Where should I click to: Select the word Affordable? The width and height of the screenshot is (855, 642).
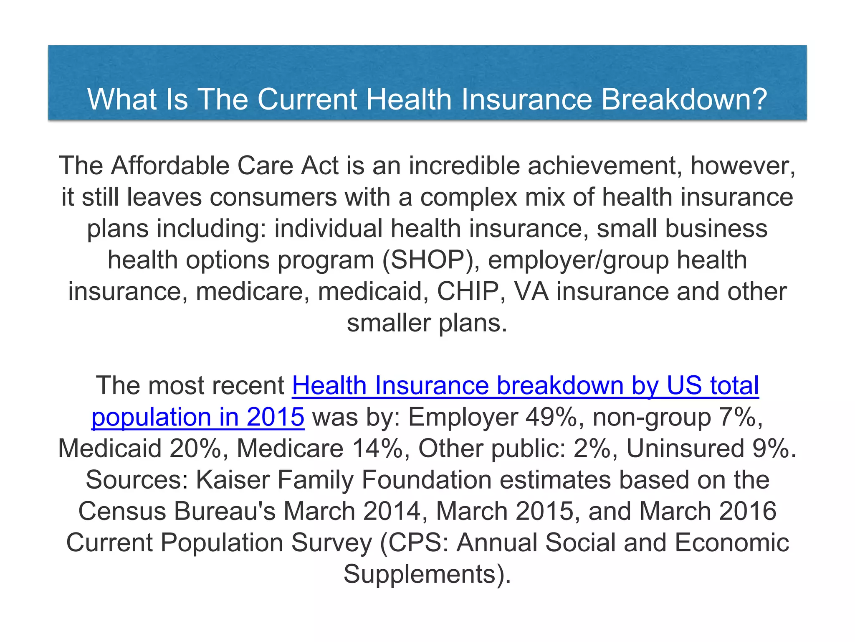point(170,166)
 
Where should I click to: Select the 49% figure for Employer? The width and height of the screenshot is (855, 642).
point(551,417)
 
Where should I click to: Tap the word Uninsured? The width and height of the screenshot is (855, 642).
point(685,448)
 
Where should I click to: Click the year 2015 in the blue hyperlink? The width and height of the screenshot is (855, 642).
point(276,417)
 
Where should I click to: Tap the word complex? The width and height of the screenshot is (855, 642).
point(469,197)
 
